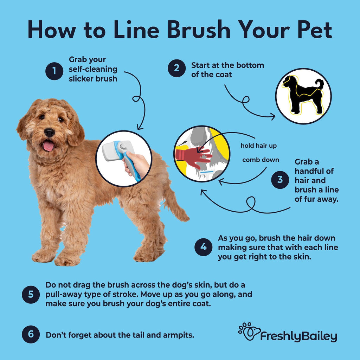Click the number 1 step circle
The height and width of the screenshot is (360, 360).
pos(54,71)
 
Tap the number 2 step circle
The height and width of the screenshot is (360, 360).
pos(176,68)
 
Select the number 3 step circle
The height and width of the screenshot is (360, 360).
pos(280,180)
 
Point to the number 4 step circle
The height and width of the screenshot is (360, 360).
pos(204,247)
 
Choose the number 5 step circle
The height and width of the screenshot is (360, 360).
pos(31,294)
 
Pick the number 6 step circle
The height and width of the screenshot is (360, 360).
pos(31,334)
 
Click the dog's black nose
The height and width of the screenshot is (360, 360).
pos(49,132)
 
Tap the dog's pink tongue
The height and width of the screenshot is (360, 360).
pos(49,146)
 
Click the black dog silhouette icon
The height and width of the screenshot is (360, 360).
pos(303,95)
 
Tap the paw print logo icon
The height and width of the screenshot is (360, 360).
pos(249,332)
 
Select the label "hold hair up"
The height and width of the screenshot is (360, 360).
pos(259,146)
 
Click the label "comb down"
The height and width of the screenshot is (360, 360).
pos(261,160)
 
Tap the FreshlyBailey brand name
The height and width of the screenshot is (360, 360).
pos(298,336)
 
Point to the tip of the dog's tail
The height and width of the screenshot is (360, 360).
pos(186,218)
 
